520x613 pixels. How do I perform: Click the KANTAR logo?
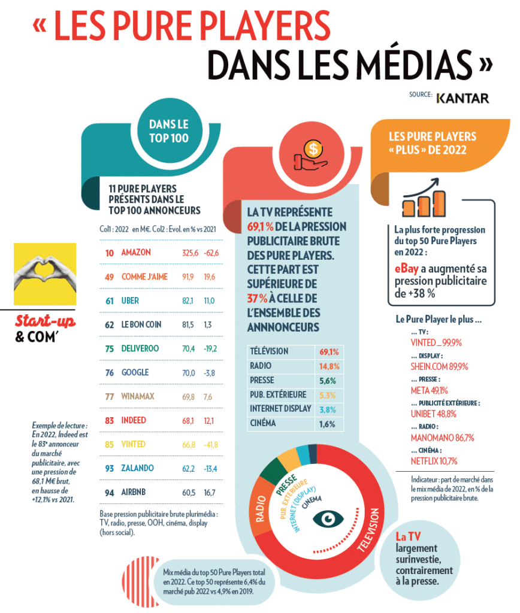(x=462, y=98)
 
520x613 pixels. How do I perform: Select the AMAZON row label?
(x=135, y=253)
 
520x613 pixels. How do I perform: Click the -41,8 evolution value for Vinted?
(x=210, y=445)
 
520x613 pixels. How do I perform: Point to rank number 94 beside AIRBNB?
(x=110, y=493)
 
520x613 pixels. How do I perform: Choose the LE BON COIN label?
(x=143, y=325)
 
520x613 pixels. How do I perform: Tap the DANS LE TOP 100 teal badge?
(x=168, y=131)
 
